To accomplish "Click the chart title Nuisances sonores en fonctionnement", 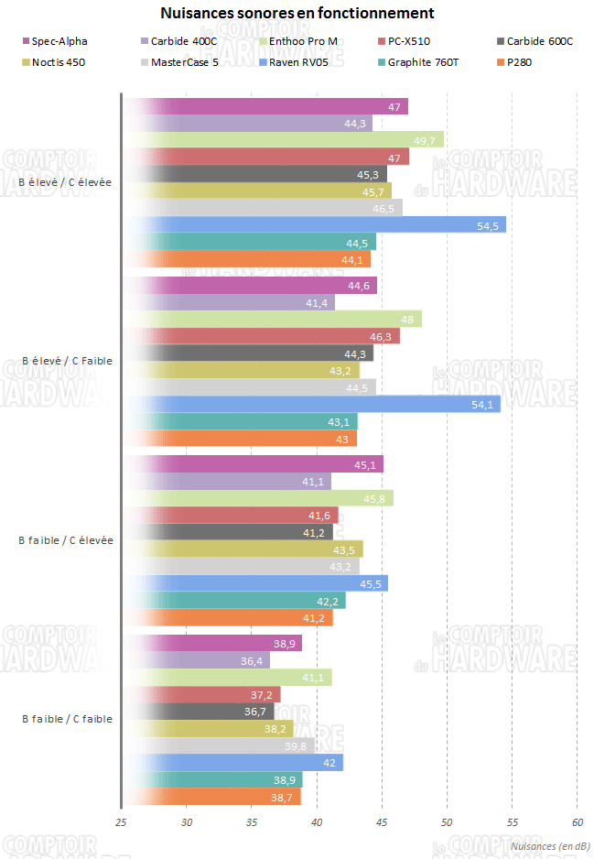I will click(x=297, y=13).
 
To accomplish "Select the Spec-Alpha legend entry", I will click(x=59, y=41).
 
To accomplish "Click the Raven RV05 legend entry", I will click(x=297, y=62).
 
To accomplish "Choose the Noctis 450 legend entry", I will click(x=58, y=62).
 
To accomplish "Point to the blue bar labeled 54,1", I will click(x=310, y=404).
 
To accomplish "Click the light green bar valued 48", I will click(x=271, y=319).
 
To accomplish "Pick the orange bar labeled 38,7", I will click(x=211, y=797).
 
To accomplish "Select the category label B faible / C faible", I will click(x=67, y=719).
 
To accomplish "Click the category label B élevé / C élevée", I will click(x=65, y=182).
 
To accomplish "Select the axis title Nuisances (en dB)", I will click(x=548, y=845).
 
